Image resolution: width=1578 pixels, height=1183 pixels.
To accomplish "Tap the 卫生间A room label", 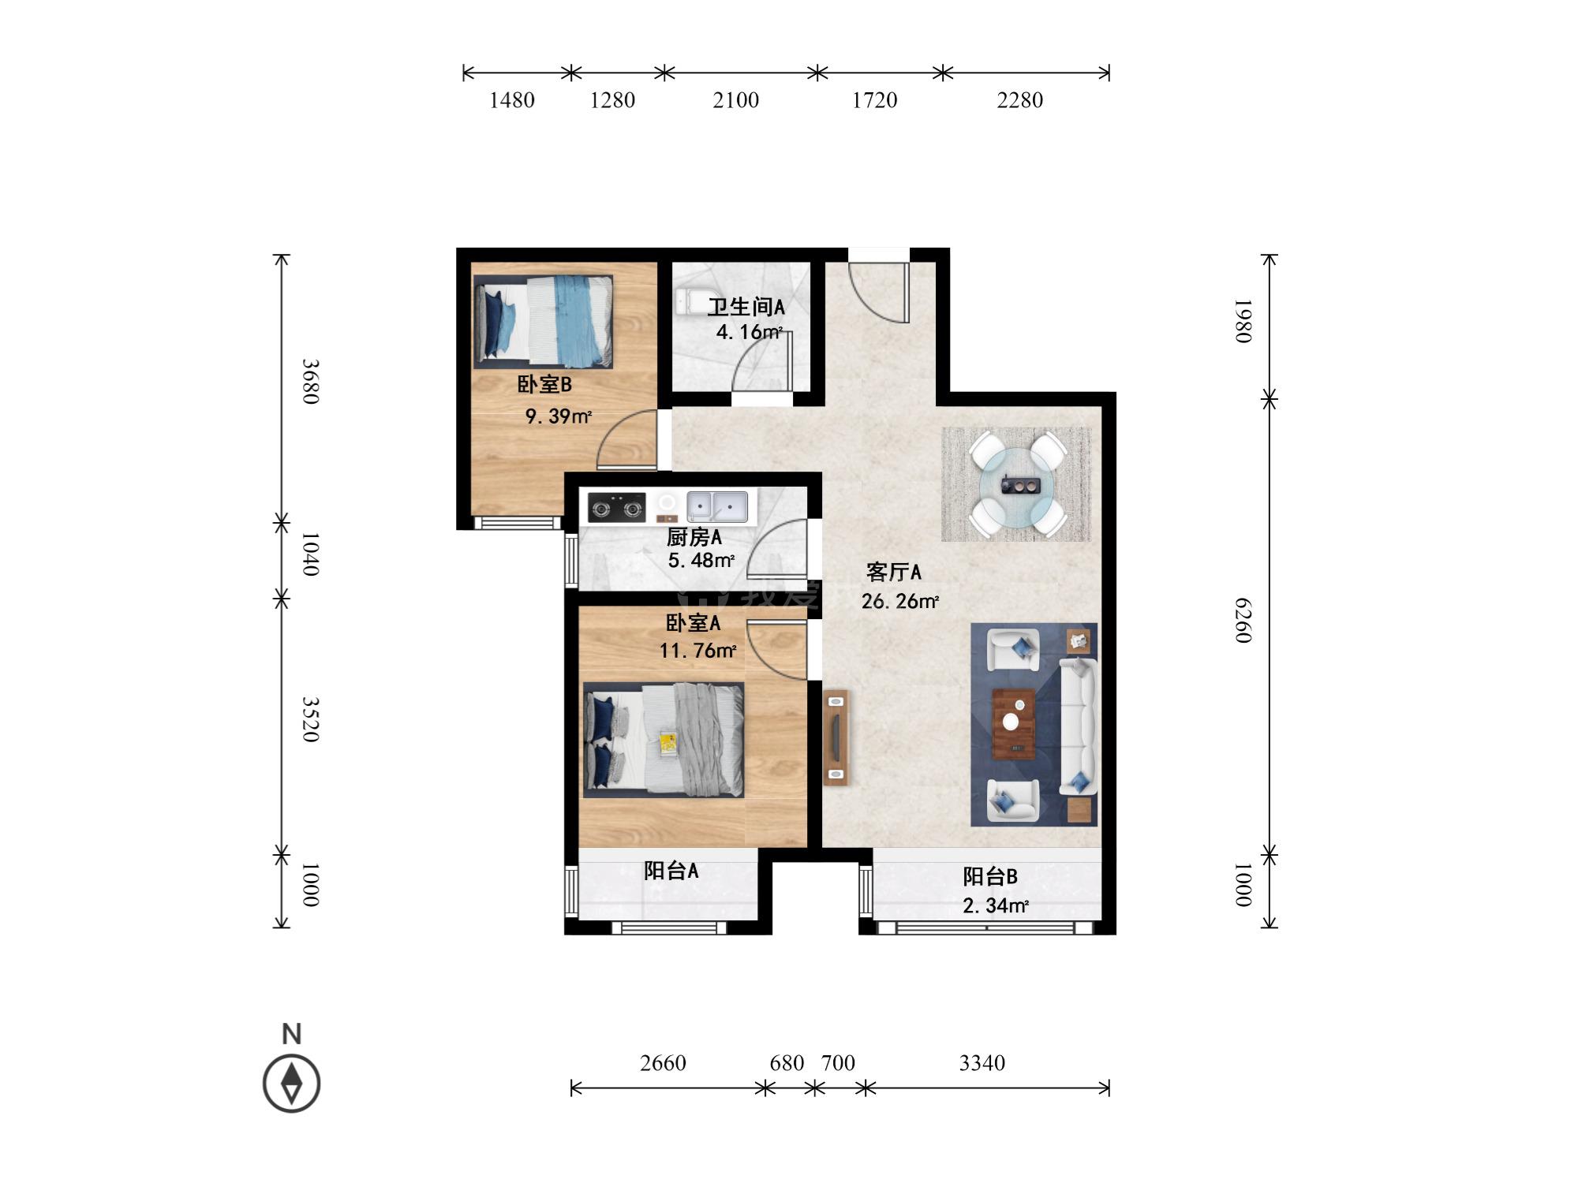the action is pos(746,307).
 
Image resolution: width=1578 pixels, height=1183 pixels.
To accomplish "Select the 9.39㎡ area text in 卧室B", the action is pos(559,416).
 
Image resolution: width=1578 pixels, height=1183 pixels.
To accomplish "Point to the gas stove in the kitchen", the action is pos(616,508).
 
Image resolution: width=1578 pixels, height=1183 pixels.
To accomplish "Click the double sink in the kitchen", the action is pos(716,506).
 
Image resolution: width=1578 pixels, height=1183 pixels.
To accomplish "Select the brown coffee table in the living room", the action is pos(1014,724).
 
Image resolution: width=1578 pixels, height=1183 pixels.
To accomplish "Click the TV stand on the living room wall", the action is pos(836,737).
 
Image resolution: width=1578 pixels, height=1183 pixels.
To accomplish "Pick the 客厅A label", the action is pos(893,572).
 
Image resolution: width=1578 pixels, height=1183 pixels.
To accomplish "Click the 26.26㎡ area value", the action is pos(900,602).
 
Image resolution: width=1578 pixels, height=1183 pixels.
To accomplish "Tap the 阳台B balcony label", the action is pos(990,876).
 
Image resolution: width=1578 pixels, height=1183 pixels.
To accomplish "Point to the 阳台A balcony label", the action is pos(671,871).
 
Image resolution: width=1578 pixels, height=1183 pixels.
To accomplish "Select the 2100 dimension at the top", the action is pos(735,100).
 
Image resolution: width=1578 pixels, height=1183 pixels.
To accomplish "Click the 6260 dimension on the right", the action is pos(1243,620).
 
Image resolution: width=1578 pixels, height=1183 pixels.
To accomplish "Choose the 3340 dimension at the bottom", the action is pos(982,1063).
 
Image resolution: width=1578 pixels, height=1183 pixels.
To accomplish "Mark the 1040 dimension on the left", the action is pos(311,554).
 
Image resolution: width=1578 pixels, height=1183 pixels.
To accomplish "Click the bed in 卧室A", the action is pos(664,740).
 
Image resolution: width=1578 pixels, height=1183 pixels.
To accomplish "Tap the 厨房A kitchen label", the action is pos(694,538).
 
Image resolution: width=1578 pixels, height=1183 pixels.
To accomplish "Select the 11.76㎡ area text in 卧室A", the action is pos(697,651).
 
